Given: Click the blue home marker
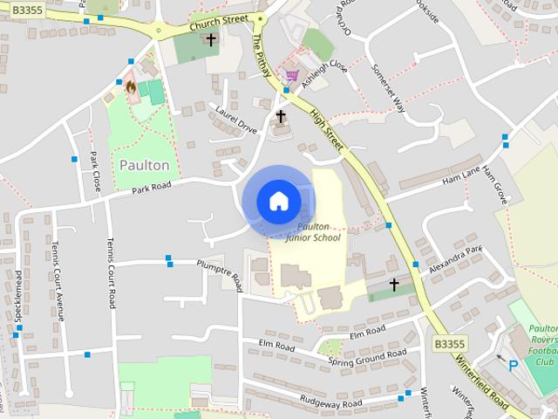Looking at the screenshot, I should tap(278, 202).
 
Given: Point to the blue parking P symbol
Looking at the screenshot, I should tap(514, 367).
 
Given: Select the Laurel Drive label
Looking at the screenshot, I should tap(235, 120).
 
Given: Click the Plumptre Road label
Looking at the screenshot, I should tap(218, 271).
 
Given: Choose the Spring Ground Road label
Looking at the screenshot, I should tap(367, 357).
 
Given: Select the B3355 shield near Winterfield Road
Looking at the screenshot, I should tap(449, 345).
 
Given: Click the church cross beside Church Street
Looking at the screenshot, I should tap(210, 40).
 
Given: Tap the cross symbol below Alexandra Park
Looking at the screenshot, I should tap(393, 285).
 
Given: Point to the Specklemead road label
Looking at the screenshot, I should tap(17, 301).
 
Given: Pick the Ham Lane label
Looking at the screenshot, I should tap(462, 177).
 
